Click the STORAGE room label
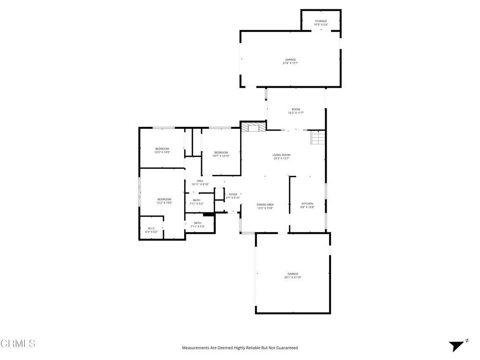pyautogui.click(x=321, y=21)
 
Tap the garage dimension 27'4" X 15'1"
pyautogui.click(x=291, y=63)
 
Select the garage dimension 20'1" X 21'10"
pyautogui.click(x=292, y=277)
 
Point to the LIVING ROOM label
pyautogui.click(x=282, y=155)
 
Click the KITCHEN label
pyautogui.click(x=307, y=203)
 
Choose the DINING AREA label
pyautogui.click(x=265, y=204)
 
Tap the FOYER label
pyautogui.click(x=233, y=194)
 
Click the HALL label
pyautogui.click(x=200, y=181)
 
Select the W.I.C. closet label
pyautogui.click(x=151, y=228)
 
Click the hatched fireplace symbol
pyautogui.click(x=253, y=127)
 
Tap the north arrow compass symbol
pyautogui.click(x=457, y=345)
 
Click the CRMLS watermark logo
pyautogui.click(x=18, y=344)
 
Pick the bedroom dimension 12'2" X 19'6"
pyautogui.click(x=164, y=202)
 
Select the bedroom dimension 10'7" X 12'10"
pyautogui.click(x=221, y=156)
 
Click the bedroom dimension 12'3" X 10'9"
pyautogui.click(x=162, y=152)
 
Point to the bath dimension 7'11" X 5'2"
pyautogui.click(x=196, y=204)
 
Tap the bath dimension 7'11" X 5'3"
pyautogui.click(x=197, y=226)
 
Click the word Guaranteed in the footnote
pyautogui.click(x=286, y=348)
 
